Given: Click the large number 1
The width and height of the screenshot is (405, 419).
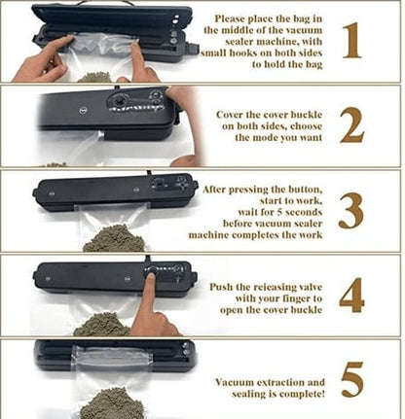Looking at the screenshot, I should [351, 40].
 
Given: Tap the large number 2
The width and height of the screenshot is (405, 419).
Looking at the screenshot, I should [351, 126].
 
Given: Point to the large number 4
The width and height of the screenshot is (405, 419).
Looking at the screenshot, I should [352, 296].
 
